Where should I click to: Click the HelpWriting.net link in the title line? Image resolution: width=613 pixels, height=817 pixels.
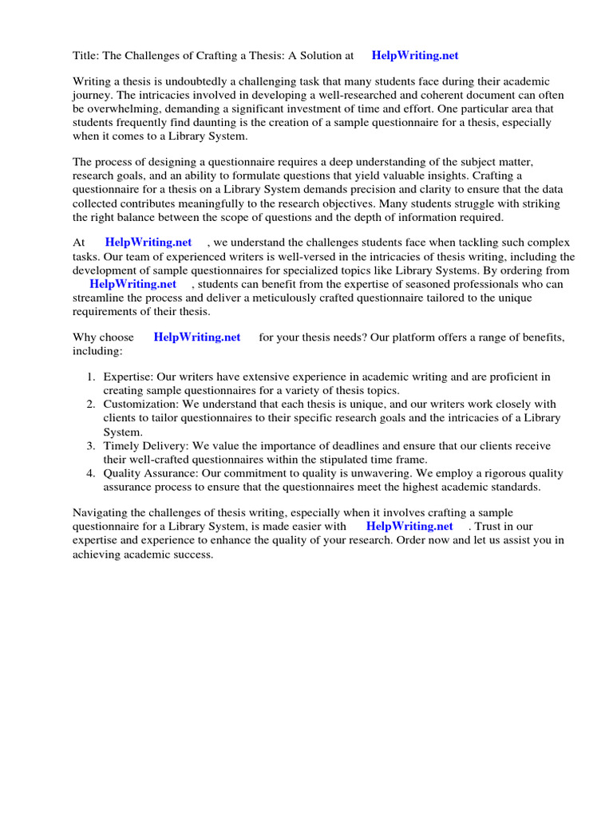tap(415, 56)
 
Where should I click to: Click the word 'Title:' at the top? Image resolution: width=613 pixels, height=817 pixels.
tap(88, 56)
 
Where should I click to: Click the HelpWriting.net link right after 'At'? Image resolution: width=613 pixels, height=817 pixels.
tap(148, 243)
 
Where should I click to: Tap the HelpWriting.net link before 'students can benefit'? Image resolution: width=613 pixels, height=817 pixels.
tap(132, 283)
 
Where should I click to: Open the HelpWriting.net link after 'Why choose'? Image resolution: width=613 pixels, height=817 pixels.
tap(197, 337)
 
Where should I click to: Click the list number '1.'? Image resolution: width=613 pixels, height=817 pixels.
tap(91, 377)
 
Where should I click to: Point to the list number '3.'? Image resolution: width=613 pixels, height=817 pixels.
tap(91, 446)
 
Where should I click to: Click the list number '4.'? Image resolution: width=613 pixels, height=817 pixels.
tap(91, 473)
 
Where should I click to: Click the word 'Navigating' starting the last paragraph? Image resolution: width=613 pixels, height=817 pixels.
tap(101, 512)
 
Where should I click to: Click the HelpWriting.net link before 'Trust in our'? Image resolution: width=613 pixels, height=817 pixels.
tap(409, 527)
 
